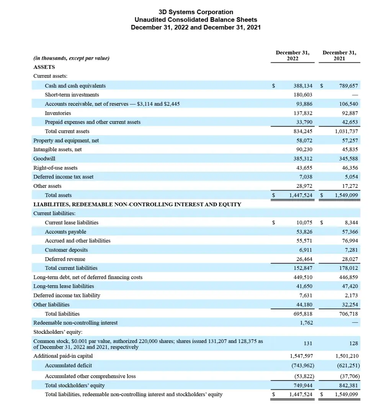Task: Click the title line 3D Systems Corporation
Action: (196, 12)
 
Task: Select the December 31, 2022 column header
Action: (292, 56)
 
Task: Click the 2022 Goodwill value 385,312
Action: (303, 158)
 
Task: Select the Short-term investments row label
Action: (72, 95)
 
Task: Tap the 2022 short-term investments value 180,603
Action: (303, 95)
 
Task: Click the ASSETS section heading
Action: (44, 67)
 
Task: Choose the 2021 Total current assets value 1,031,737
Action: (346, 131)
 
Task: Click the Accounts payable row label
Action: (65, 232)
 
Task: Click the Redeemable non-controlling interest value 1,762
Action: (306, 323)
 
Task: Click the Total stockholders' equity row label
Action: (75, 385)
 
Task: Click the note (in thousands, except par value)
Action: (71, 58)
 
